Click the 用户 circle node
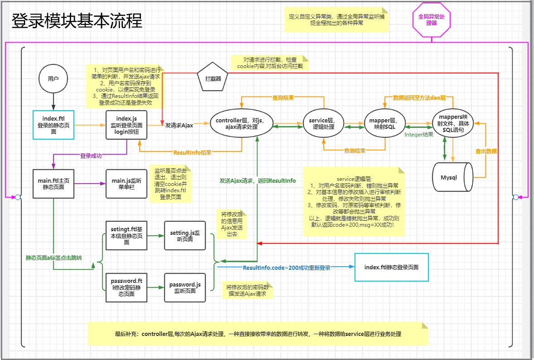53,78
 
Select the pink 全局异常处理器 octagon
432,19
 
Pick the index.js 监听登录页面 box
126,125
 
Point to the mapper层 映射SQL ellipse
384,123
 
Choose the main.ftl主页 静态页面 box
53,184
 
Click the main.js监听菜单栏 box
126,184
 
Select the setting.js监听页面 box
185,235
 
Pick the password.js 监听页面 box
185,287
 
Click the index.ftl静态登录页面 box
391,267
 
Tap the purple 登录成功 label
91,156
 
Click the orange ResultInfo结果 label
192,152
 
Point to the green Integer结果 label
419,135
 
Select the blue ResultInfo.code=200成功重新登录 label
286,268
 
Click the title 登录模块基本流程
77,21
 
